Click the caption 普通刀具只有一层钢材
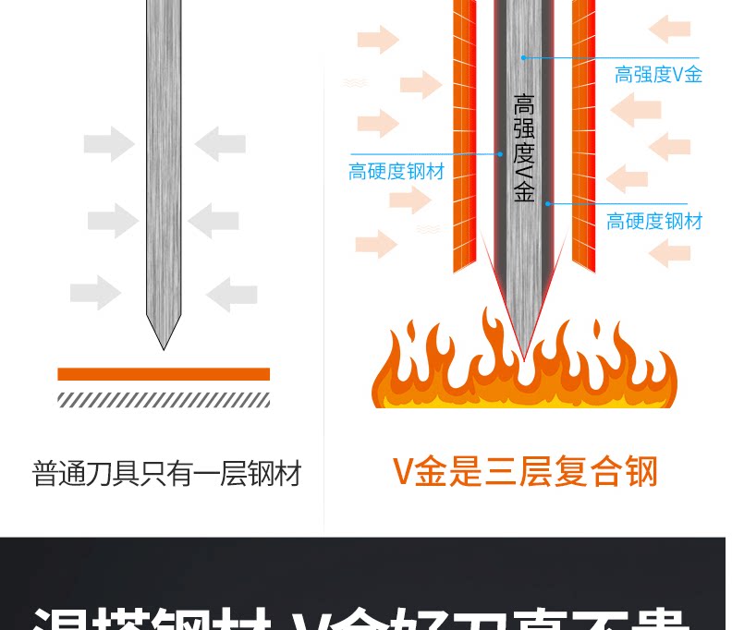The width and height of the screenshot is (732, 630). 166,475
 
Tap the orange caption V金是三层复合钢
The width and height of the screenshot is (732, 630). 525,471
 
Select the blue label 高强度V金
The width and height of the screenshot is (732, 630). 658,75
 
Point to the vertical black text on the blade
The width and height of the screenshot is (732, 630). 524,148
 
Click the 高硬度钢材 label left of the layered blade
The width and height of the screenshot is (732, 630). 396,172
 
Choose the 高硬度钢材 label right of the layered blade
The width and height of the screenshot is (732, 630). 654,222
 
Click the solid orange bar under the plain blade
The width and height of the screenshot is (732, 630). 164,374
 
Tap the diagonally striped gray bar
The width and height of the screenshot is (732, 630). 164,399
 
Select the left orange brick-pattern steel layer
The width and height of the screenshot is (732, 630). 464,139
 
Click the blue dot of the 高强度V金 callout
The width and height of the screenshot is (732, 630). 523,57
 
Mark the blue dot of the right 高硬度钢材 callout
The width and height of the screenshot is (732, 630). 547,203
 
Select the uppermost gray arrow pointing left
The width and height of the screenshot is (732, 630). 220,144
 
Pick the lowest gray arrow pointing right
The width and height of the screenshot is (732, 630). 95,294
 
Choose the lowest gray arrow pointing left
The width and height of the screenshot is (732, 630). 231,294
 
